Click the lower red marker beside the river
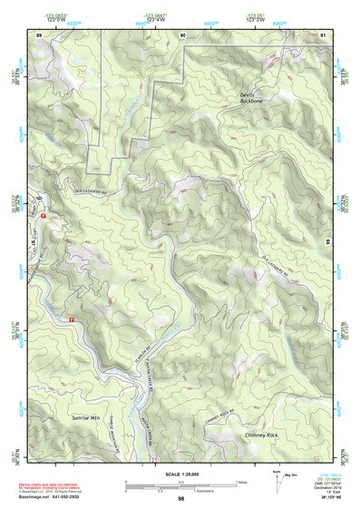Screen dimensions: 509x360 click(71, 319)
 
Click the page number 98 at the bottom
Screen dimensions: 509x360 click(180, 499)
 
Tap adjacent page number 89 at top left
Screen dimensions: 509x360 click(39, 34)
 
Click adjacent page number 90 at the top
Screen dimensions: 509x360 click(182, 34)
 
